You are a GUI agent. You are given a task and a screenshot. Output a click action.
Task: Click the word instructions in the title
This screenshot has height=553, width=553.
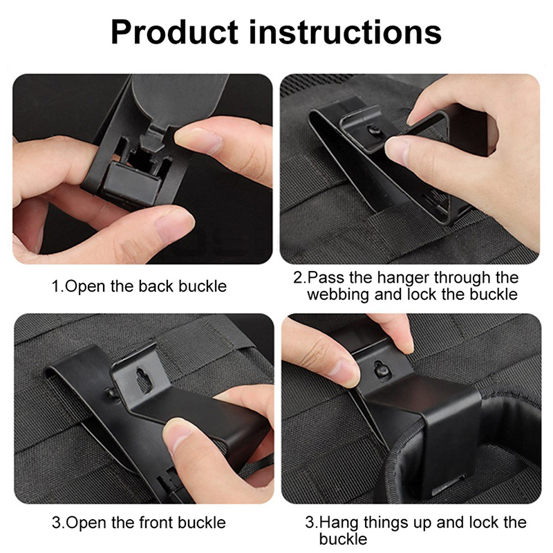[345, 32]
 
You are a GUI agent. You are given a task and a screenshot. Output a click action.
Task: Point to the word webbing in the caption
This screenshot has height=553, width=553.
[338, 294]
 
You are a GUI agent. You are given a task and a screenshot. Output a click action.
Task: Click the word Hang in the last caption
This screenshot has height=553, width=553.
[339, 523]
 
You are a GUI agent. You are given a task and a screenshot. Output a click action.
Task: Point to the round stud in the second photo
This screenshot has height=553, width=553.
[375, 131]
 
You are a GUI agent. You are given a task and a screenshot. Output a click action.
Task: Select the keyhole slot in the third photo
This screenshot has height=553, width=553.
[144, 381]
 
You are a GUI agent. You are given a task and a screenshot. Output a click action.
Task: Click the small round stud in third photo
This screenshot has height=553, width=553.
[111, 393]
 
